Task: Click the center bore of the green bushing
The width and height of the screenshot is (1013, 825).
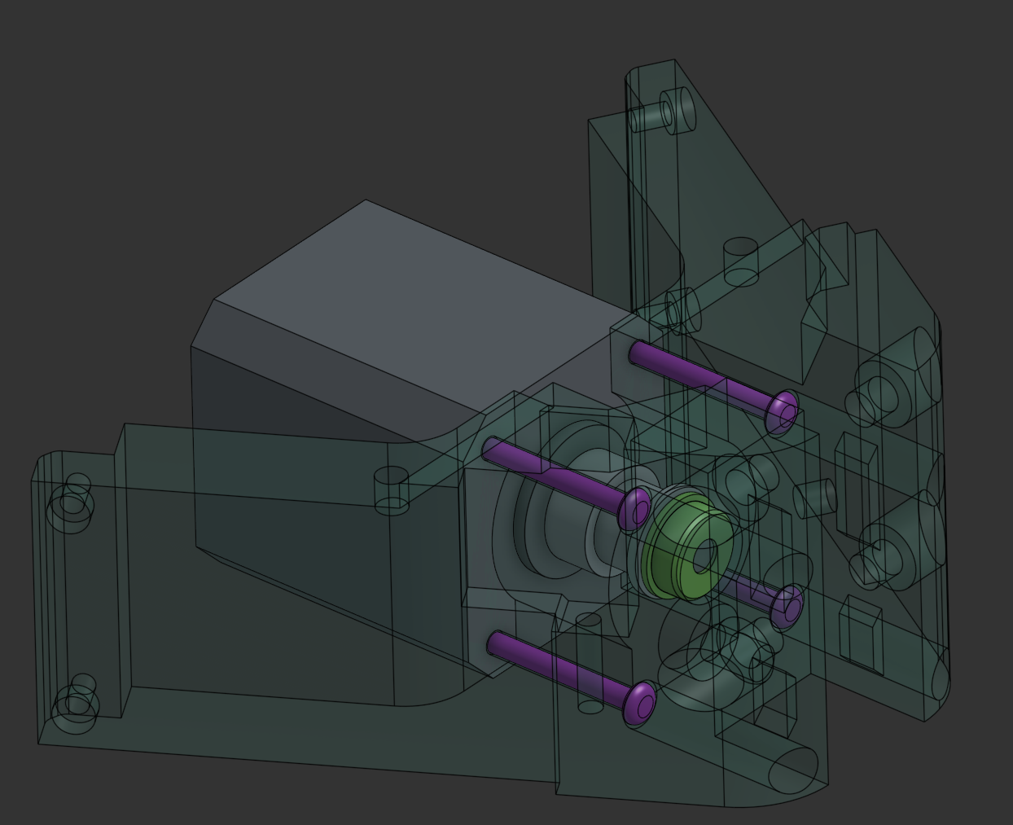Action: point(704,555)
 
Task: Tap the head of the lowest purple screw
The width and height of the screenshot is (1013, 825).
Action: point(641,703)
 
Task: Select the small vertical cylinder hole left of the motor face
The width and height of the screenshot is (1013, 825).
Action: point(391,489)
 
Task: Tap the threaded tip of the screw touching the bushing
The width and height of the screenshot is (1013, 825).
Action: point(490,447)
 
